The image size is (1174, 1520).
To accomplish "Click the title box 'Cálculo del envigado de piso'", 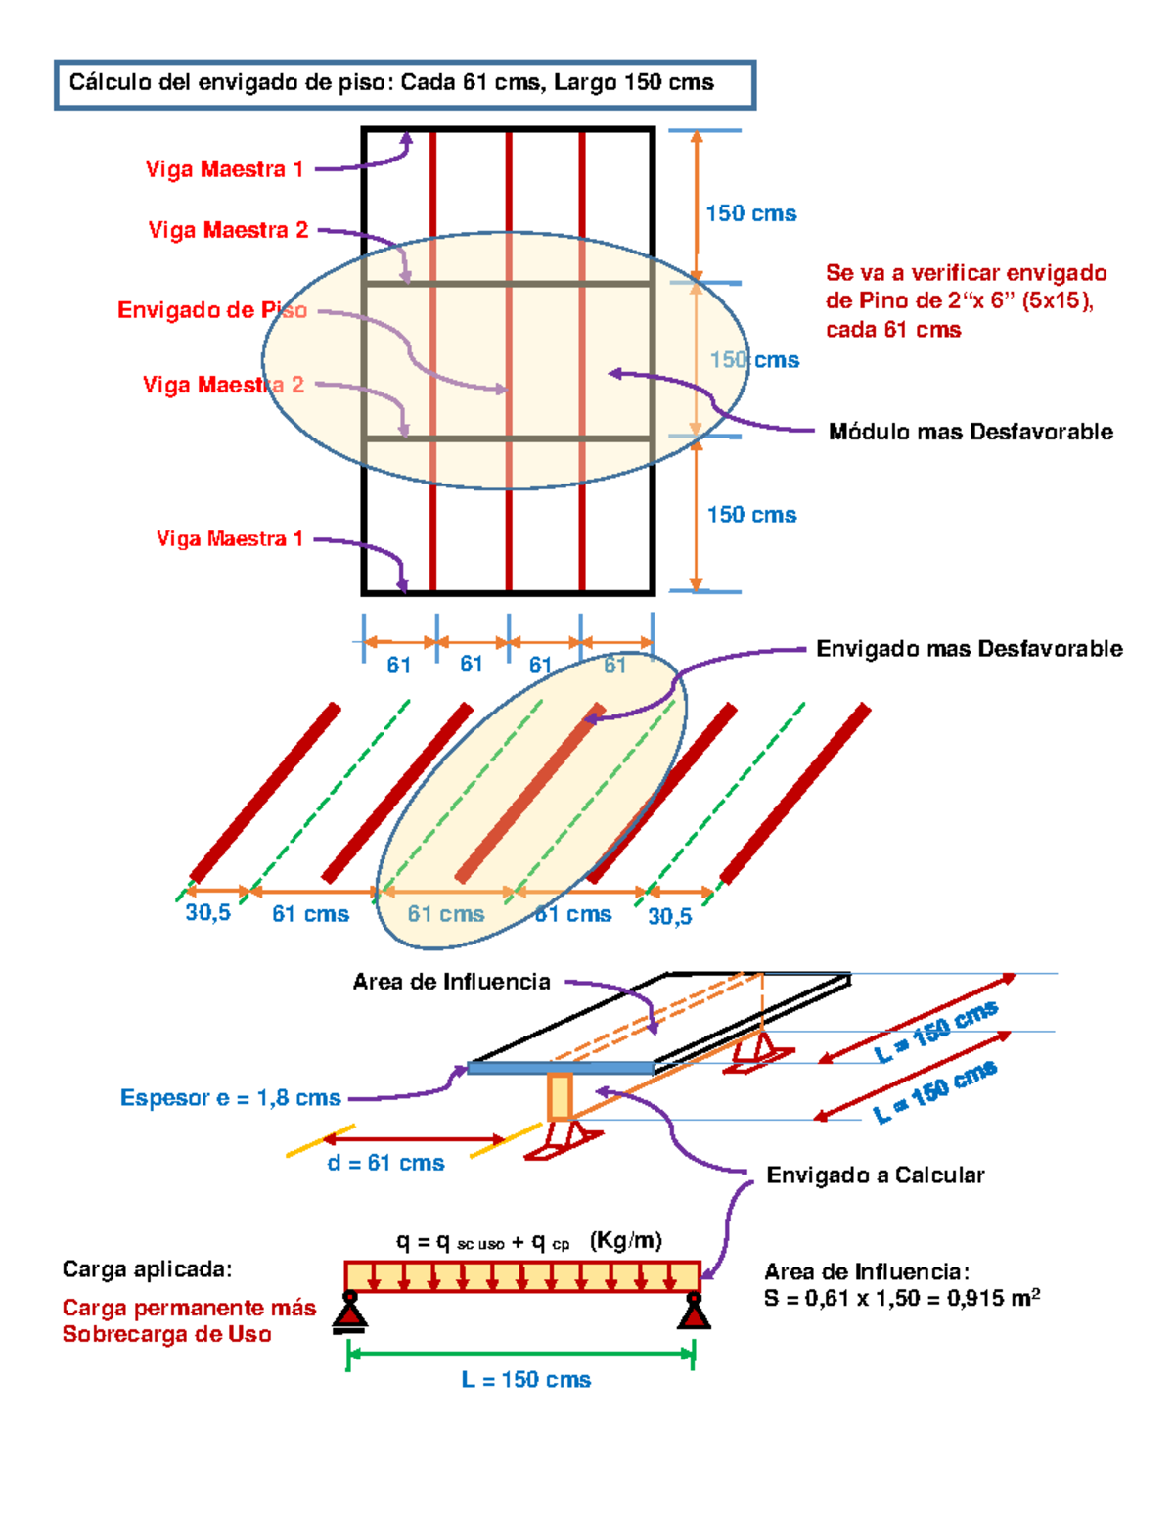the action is pyautogui.click(x=405, y=84).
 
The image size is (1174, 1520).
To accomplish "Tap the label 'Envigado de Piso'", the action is pyautogui.click(x=212, y=310).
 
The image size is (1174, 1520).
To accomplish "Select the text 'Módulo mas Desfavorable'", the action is pyautogui.click(x=971, y=432).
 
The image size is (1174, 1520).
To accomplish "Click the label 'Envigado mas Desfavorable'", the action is pyautogui.click(x=970, y=649).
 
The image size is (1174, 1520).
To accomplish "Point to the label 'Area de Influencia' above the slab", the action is pyautogui.click(x=452, y=982).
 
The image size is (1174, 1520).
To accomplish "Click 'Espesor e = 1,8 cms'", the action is pyautogui.click(x=231, y=1098).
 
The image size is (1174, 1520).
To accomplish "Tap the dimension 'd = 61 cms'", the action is pyautogui.click(x=386, y=1164).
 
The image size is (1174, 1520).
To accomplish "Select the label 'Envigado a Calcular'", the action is pyautogui.click(x=876, y=1175).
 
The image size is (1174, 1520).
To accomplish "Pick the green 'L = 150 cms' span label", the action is pyautogui.click(x=525, y=1379).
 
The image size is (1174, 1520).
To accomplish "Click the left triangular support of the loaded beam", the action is pyautogui.click(x=349, y=1313).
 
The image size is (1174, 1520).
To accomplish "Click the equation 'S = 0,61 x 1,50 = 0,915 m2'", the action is pyautogui.click(x=902, y=1298).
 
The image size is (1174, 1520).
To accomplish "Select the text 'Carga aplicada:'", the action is pyautogui.click(x=147, y=1268).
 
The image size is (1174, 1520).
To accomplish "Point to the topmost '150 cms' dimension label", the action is pyautogui.click(x=751, y=213).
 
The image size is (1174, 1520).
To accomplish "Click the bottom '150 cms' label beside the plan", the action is pyautogui.click(x=751, y=515).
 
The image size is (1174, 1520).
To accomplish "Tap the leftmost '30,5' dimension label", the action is pyautogui.click(x=207, y=913).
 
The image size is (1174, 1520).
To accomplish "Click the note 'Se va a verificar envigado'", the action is pyautogui.click(x=967, y=273).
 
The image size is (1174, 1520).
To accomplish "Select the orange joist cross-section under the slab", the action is pyautogui.click(x=560, y=1097).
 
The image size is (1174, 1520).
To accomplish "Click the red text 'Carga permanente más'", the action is pyautogui.click(x=189, y=1308).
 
